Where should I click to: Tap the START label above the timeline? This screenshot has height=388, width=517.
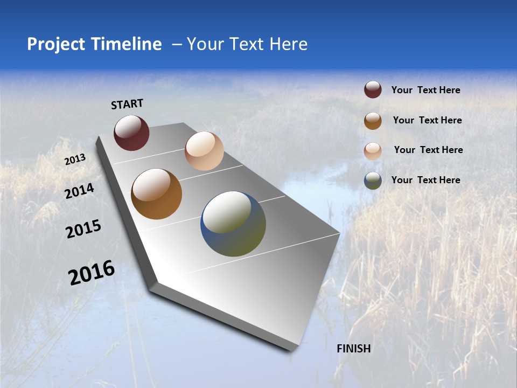point(127,104)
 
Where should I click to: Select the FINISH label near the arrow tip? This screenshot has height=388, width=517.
point(354,349)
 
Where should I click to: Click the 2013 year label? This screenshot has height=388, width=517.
point(75,160)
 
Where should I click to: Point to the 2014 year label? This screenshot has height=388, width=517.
point(79,191)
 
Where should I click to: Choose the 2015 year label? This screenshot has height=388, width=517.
point(83,229)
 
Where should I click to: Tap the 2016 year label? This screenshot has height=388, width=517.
point(92,273)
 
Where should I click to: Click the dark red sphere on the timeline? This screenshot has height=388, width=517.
point(131,133)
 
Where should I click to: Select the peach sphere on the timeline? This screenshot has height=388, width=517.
point(204,151)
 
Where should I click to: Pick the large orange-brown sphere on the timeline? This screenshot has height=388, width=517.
point(156,194)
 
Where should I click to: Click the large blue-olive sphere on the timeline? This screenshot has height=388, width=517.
point(233,224)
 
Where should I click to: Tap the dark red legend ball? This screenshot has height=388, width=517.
point(373,90)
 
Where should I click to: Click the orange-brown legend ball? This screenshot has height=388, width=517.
point(373,120)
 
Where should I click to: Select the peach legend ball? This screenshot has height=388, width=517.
point(373,150)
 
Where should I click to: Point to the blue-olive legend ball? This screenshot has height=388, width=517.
point(373,181)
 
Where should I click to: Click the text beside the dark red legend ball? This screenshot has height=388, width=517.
point(425,91)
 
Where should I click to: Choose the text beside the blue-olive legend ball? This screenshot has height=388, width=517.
point(425,180)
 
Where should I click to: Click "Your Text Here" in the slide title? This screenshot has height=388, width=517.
point(247,44)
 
